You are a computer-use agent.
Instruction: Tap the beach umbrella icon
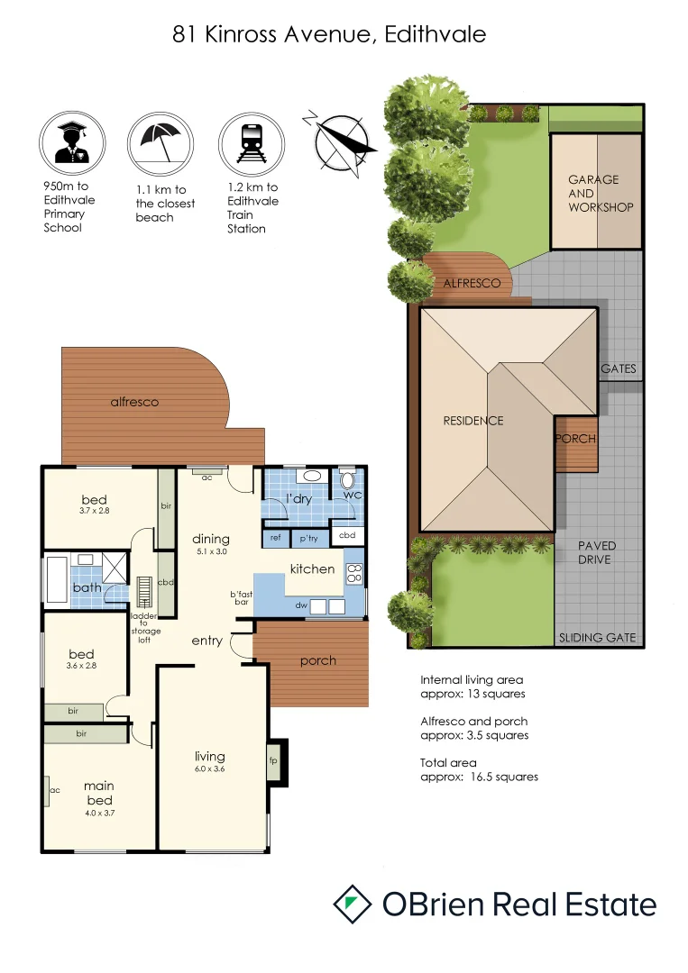[x=161, y=141]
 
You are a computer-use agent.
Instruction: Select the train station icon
[x=252, y=141]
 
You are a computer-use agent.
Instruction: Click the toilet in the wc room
[x=347, y=478]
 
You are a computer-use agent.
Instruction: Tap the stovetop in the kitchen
[x=354, y=573]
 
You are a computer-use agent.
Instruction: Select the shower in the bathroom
[x=115, y=568]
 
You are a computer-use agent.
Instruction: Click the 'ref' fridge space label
[x=274, y=538]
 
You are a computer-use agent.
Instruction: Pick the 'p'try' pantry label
[x=308, y=538]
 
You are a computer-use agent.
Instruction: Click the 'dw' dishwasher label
[x=301, y=605]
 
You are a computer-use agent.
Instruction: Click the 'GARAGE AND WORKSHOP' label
[x=600, y=193]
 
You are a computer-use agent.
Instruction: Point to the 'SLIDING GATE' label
[x=597, y=637]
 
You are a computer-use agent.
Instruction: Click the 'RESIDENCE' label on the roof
[x=472, y=421]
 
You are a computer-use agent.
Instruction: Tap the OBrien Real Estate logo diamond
[x=353, y=904]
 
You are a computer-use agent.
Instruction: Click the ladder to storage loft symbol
[x=143, y=591]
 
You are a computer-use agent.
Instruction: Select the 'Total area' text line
[x=445, y=762]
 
